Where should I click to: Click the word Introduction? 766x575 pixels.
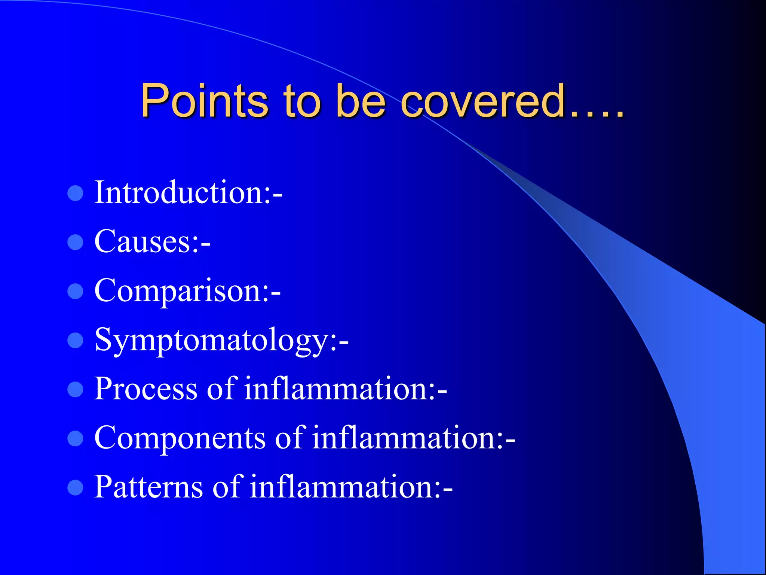coord(179,192)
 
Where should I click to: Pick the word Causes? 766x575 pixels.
coord(143,242)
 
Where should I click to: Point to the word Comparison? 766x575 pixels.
coord(178,291)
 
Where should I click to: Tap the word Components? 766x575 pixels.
coord(180,438)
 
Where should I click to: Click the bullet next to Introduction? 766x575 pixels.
coord(75,194)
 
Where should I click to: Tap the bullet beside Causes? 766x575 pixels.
coord(75,243)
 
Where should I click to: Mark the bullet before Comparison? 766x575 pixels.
coord(75,292)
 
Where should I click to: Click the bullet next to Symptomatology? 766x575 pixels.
coord(75,341)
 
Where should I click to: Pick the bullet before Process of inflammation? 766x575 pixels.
coord(75,390)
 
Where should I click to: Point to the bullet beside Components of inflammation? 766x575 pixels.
coord(75,439)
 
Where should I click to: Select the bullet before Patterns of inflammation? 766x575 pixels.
coord(75,488)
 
